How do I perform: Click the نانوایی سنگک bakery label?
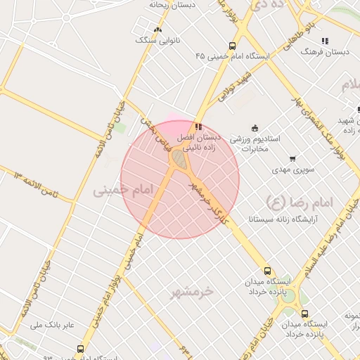[x=157, y=40]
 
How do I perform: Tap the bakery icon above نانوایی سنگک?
[x=157, y=30]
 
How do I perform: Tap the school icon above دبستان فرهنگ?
[x=324, y=41]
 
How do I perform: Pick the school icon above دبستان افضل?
[x=200, y=127]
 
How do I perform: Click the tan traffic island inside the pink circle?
[x=181, y=161]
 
